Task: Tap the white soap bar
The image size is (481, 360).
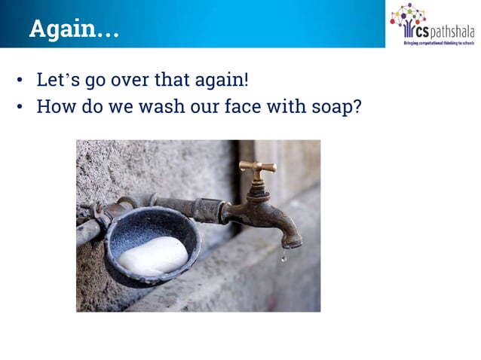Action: [153, 256]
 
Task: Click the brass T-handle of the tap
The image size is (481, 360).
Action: [257, 168]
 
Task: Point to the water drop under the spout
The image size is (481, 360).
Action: [283, 258]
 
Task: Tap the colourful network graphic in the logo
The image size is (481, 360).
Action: [408, 16]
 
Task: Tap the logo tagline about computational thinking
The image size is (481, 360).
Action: [438, 43]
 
